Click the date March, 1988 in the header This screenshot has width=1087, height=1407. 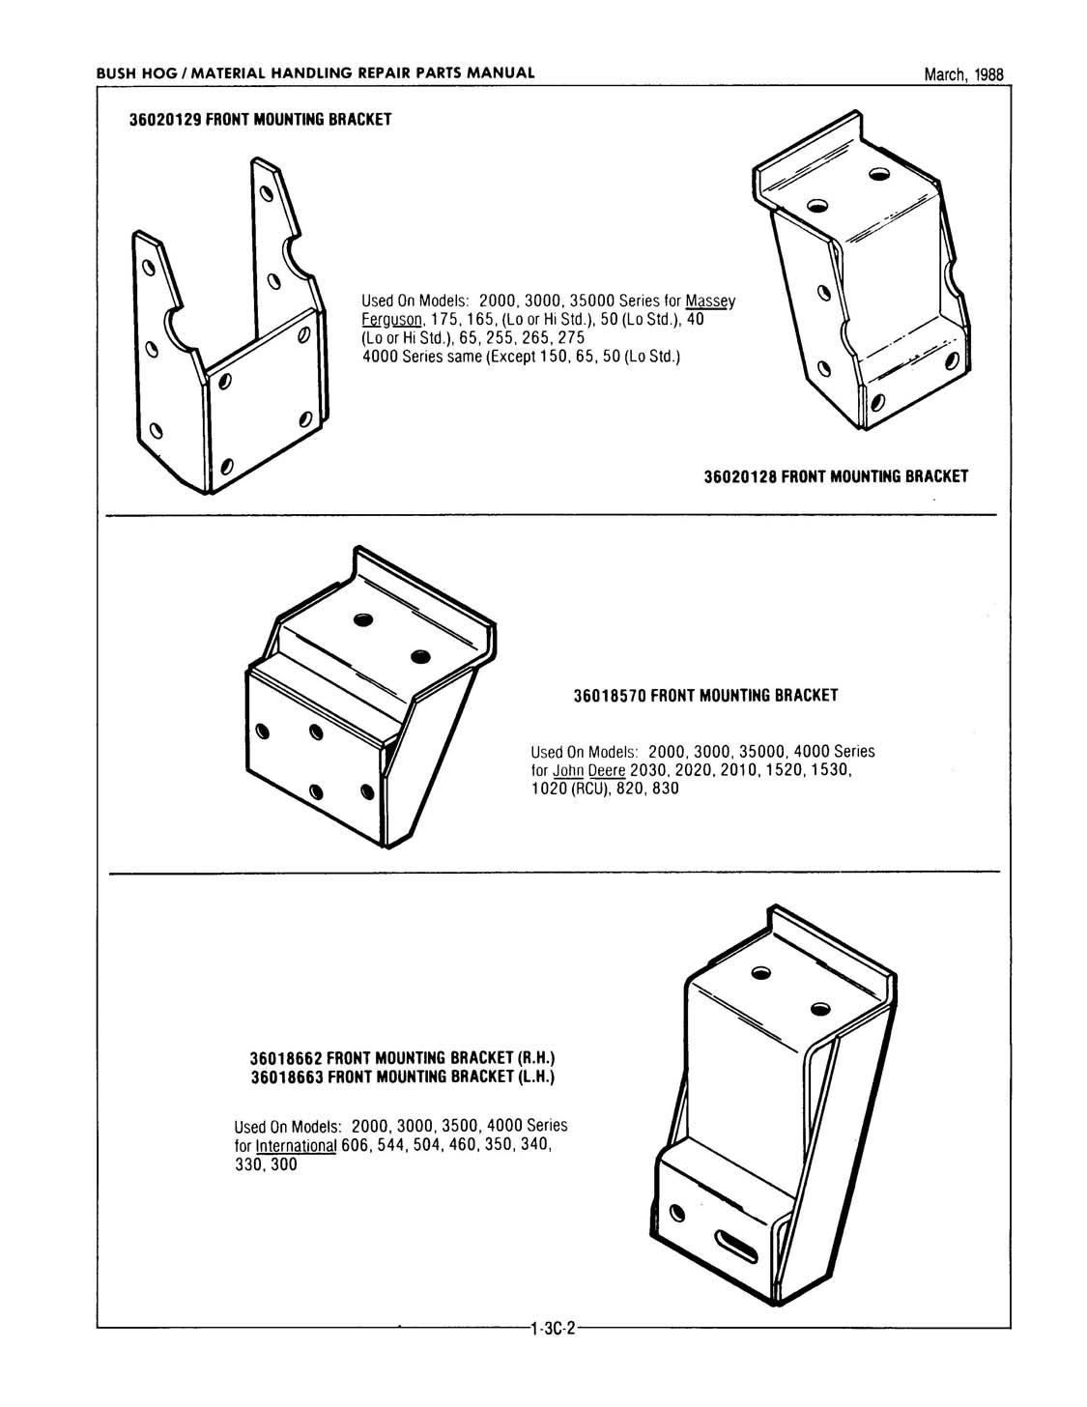pos(963,74)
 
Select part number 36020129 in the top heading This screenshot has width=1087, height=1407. pos(165,120)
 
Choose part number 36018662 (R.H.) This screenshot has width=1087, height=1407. pos(287,1058)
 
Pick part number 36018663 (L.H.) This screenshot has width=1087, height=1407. pos(287,1077)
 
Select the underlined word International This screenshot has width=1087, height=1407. pos(295,1146)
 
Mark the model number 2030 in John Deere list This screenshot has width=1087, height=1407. pos(646,770)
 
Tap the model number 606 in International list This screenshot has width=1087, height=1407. pos(357,1146)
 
